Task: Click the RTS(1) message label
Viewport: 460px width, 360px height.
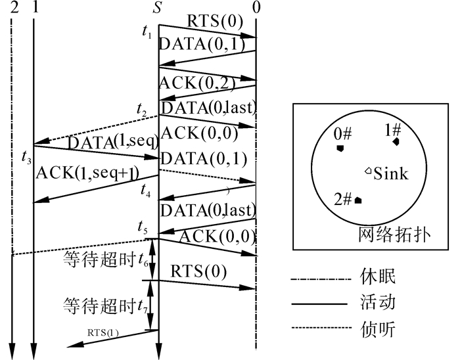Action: click(103, 332)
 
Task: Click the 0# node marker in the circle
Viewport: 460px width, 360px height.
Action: click(340, 148)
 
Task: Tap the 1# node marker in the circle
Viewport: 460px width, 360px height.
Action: click(396, 141)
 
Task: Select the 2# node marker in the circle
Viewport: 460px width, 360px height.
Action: click(357, 200)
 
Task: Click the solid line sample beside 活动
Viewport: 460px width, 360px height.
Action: click(319, 304)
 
